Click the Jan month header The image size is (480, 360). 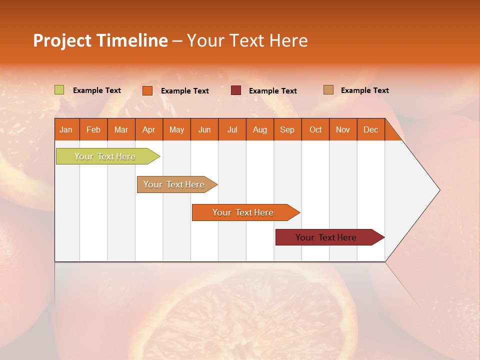(66, 129)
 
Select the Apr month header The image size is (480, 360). (149, 129)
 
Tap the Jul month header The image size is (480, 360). (232, 129)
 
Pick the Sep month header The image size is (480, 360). (287, 129)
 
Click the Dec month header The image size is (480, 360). (370, 129)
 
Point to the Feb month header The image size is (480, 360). (93, 129)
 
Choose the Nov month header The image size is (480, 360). (343, 129)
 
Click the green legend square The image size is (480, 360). (59, 90)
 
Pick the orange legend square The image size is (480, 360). (147, 90)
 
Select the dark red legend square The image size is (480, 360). (236, 90)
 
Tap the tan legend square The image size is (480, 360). (328, 90)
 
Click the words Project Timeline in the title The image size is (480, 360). (100, 40)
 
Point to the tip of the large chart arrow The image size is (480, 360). (439, 190)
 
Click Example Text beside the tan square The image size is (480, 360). (364, 90)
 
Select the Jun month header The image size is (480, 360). (204, 129)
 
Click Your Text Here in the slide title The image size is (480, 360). (247, 40)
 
